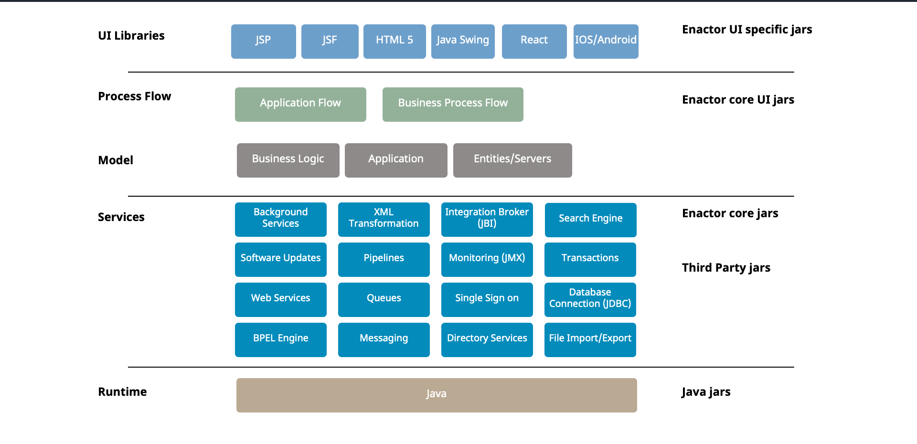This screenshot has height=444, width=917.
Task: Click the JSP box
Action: coord(263,42)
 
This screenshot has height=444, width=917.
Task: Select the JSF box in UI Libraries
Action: coord(330,42)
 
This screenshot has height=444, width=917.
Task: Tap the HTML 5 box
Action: coord(395,42)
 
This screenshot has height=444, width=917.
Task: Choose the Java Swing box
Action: coord(463,42)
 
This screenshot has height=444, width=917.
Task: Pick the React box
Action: coord(534,42)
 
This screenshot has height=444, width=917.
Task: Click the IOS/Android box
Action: coord(606,42)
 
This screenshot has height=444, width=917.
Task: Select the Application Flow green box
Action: coord(300,104)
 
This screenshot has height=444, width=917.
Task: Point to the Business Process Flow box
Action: coord(453,104)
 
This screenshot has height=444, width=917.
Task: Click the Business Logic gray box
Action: coord(288,160)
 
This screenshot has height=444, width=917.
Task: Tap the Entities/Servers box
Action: coord(512,160)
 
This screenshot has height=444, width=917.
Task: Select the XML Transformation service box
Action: coord(384,219)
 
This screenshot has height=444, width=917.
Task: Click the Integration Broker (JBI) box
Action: coord(487,219)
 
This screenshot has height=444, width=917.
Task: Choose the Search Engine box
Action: coord(590,220)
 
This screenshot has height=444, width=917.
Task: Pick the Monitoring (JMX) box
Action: coord(487,259)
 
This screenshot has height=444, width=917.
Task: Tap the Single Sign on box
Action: coord(487,299)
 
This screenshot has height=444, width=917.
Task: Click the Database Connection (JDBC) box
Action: coord(590,299)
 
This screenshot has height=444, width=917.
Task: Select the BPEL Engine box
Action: coord(280,339)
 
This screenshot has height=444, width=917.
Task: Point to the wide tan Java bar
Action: coord(436,395)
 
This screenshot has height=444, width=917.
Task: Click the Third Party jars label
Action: coord(726,268)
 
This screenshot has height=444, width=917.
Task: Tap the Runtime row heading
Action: coord(122,392)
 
